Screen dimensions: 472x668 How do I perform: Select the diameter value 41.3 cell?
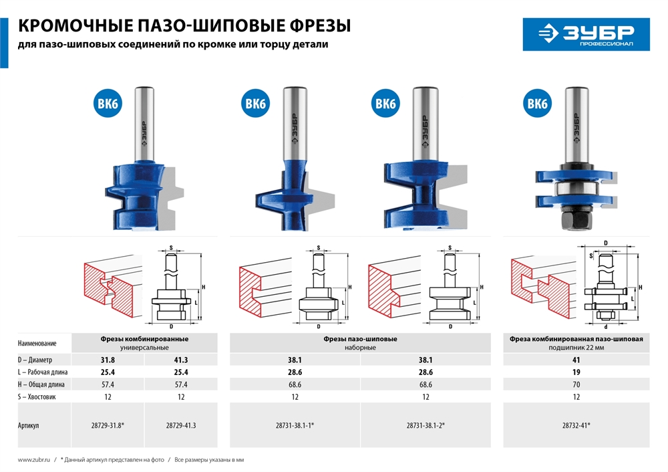pos(181,360)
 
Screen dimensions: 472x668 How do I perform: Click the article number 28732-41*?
pos(576,425)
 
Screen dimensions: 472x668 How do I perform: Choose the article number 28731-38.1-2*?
pos(426,425)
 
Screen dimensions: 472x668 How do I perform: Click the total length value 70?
pos(576,384)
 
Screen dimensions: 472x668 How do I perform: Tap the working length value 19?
pos(576,372)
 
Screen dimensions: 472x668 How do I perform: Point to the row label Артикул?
pos(29,425)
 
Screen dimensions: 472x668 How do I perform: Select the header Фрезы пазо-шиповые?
pos(361,339)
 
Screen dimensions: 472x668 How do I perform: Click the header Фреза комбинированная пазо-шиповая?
pos(576,339)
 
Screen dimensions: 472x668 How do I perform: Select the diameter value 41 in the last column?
pos(576,360)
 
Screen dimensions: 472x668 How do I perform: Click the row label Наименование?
pos(37,343)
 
